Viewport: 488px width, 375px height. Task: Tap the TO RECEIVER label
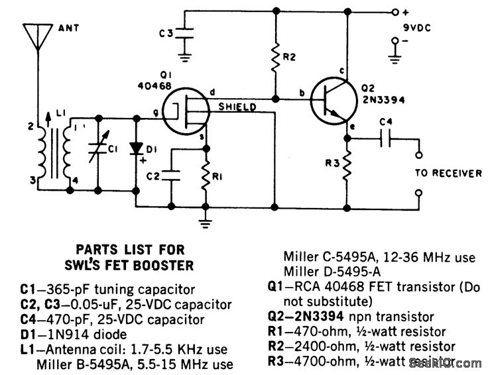(448, 174)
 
